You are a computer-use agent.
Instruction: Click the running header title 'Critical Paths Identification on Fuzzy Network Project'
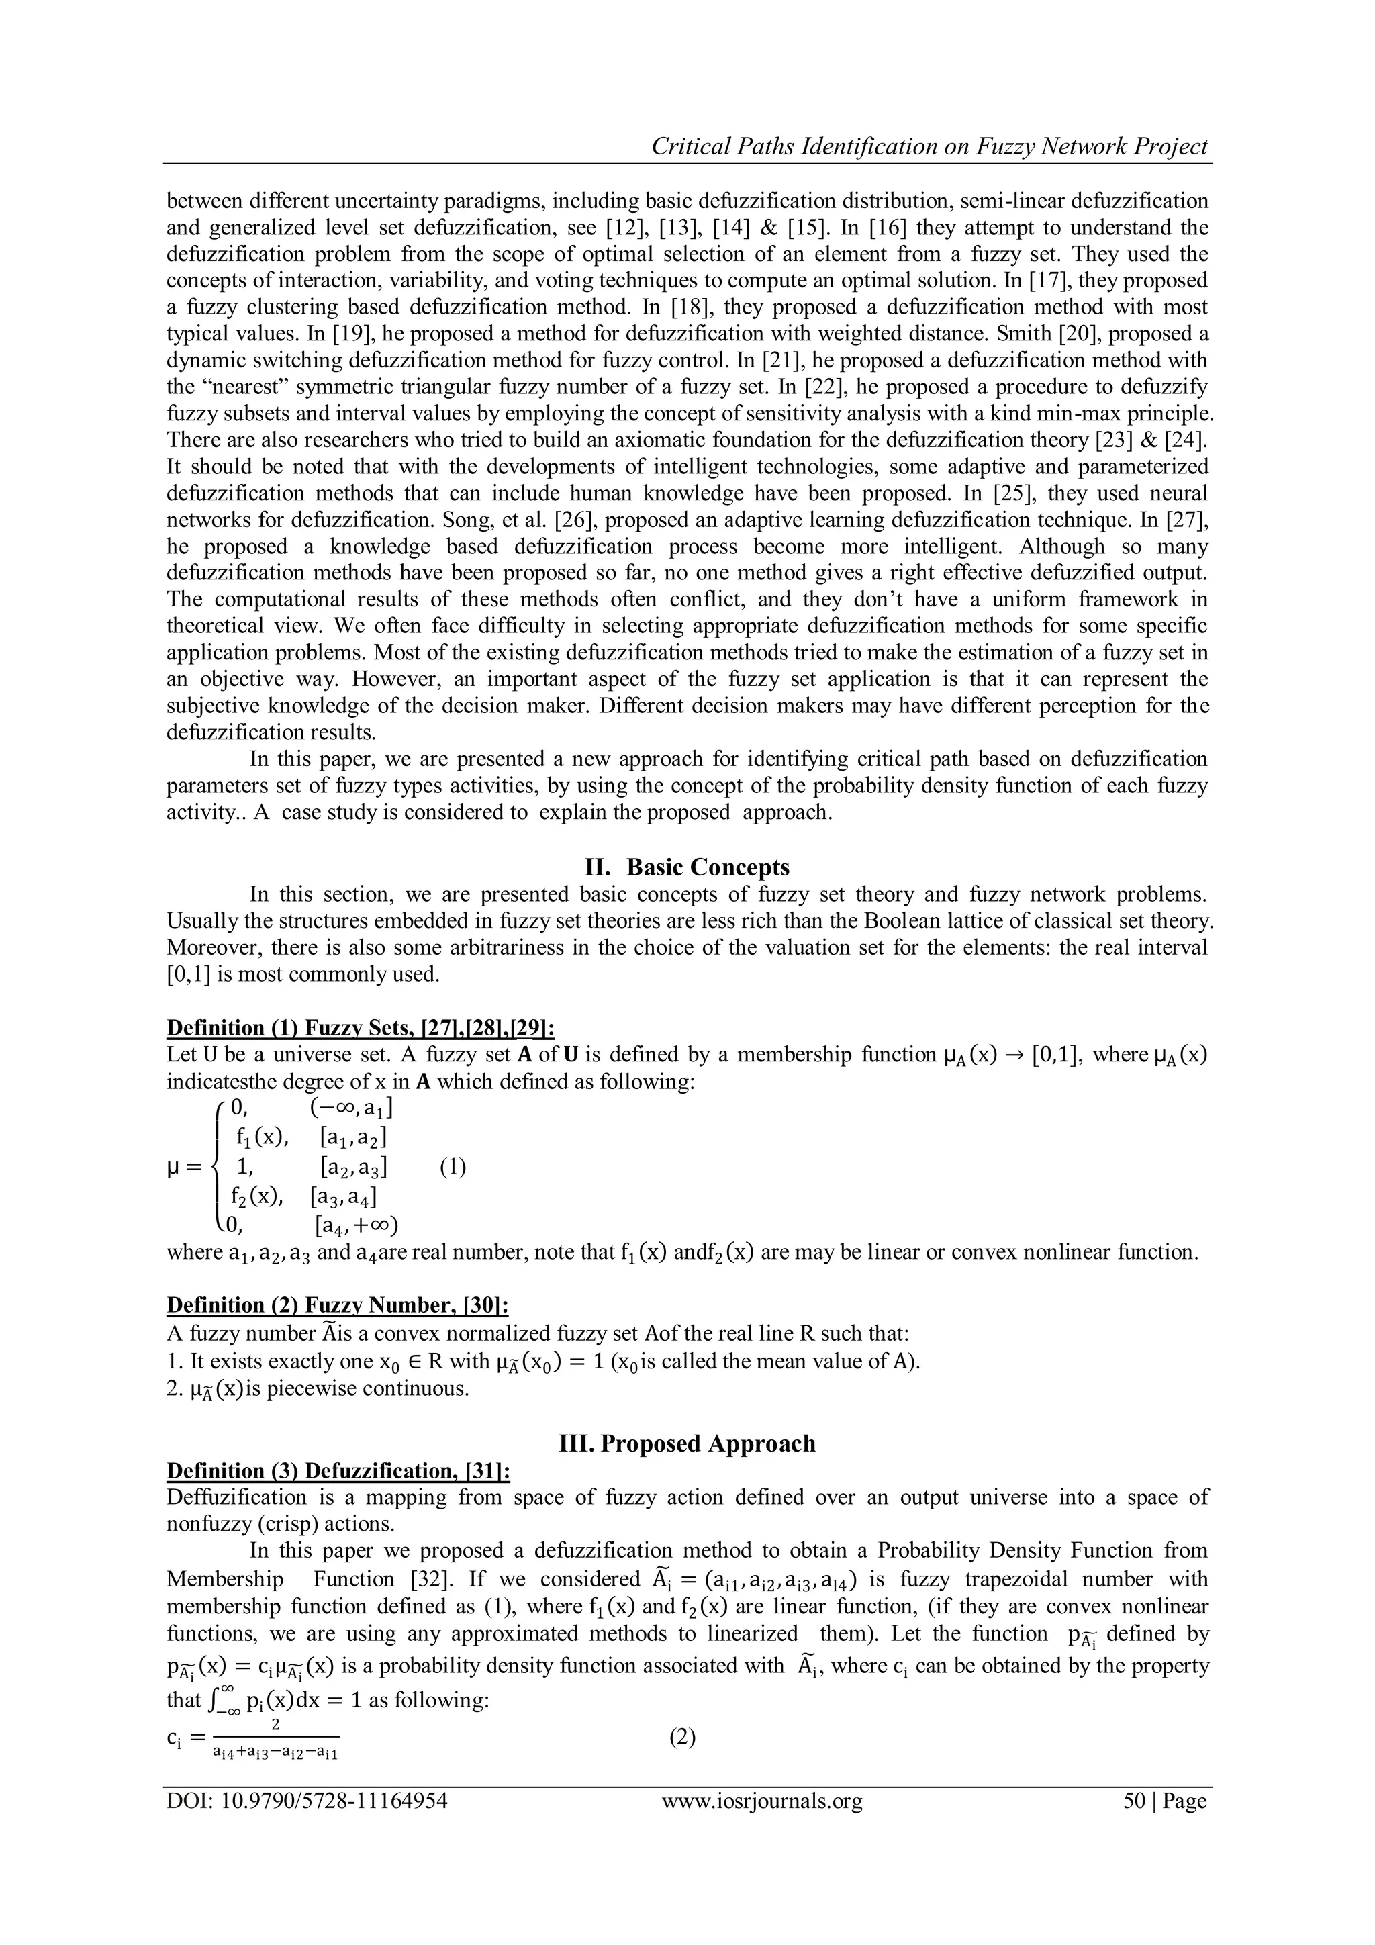click(929, 146)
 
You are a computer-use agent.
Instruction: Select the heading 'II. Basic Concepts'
click(687, 867)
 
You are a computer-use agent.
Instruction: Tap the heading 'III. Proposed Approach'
click(687, 1443)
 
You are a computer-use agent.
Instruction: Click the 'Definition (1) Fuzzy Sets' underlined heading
click(360, 1028)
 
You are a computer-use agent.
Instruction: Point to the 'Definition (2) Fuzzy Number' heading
click(337, 1305)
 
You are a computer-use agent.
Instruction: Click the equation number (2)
click(682, 1738)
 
